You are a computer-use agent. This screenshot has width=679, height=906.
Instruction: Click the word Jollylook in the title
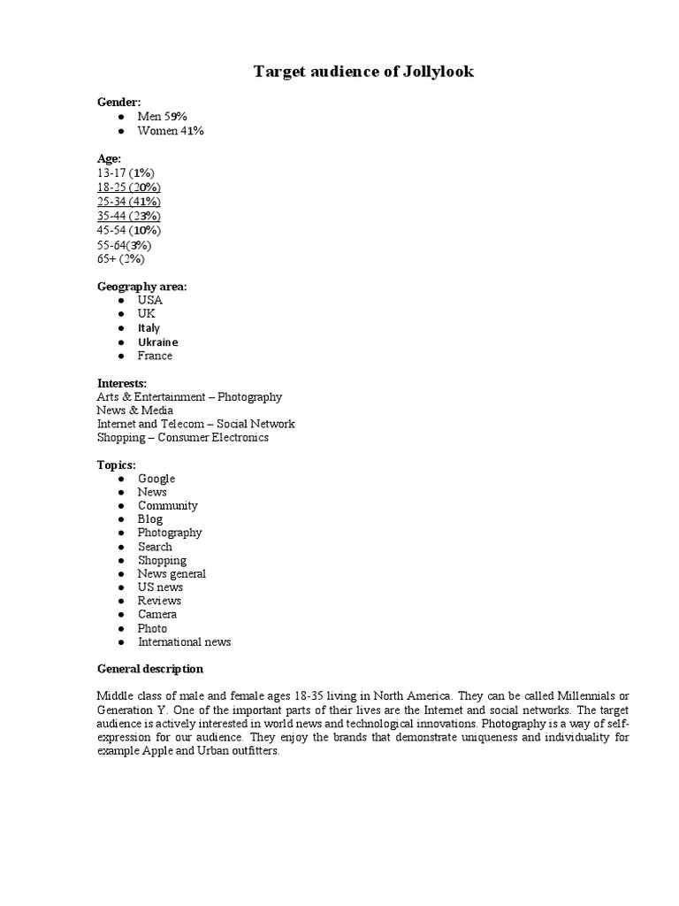coord(435,72)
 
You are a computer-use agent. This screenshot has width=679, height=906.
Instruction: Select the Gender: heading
coord(118,103)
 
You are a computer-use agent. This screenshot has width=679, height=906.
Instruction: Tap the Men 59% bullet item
coord(162,117)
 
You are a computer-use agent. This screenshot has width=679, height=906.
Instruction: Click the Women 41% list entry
coord(171,131)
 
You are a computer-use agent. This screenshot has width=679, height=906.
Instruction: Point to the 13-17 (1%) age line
coord(126,173)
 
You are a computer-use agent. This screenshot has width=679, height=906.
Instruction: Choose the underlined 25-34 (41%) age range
coord(129,202)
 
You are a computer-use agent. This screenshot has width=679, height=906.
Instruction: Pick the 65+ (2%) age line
coord(120,259)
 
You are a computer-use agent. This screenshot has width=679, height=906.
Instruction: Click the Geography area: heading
coord(141,287)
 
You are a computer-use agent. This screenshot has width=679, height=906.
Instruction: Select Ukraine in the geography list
coord(157,342)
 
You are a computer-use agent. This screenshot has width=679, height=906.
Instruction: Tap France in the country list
coord(155,356)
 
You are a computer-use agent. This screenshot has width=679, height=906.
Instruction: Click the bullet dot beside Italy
coord(119,328)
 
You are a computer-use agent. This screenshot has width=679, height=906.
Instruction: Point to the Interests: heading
coord(122,383)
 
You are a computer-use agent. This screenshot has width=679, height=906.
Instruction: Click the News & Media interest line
coord(135,411)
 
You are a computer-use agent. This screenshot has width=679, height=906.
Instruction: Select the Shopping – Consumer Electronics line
coord(183,437)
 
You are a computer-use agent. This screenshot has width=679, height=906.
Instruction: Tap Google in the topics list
coord(156,479)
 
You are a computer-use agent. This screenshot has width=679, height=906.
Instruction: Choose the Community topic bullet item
coord(167,506)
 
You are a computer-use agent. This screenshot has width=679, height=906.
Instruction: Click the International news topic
coord(184,642)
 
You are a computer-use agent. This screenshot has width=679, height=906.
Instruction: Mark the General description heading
coord(149,669)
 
